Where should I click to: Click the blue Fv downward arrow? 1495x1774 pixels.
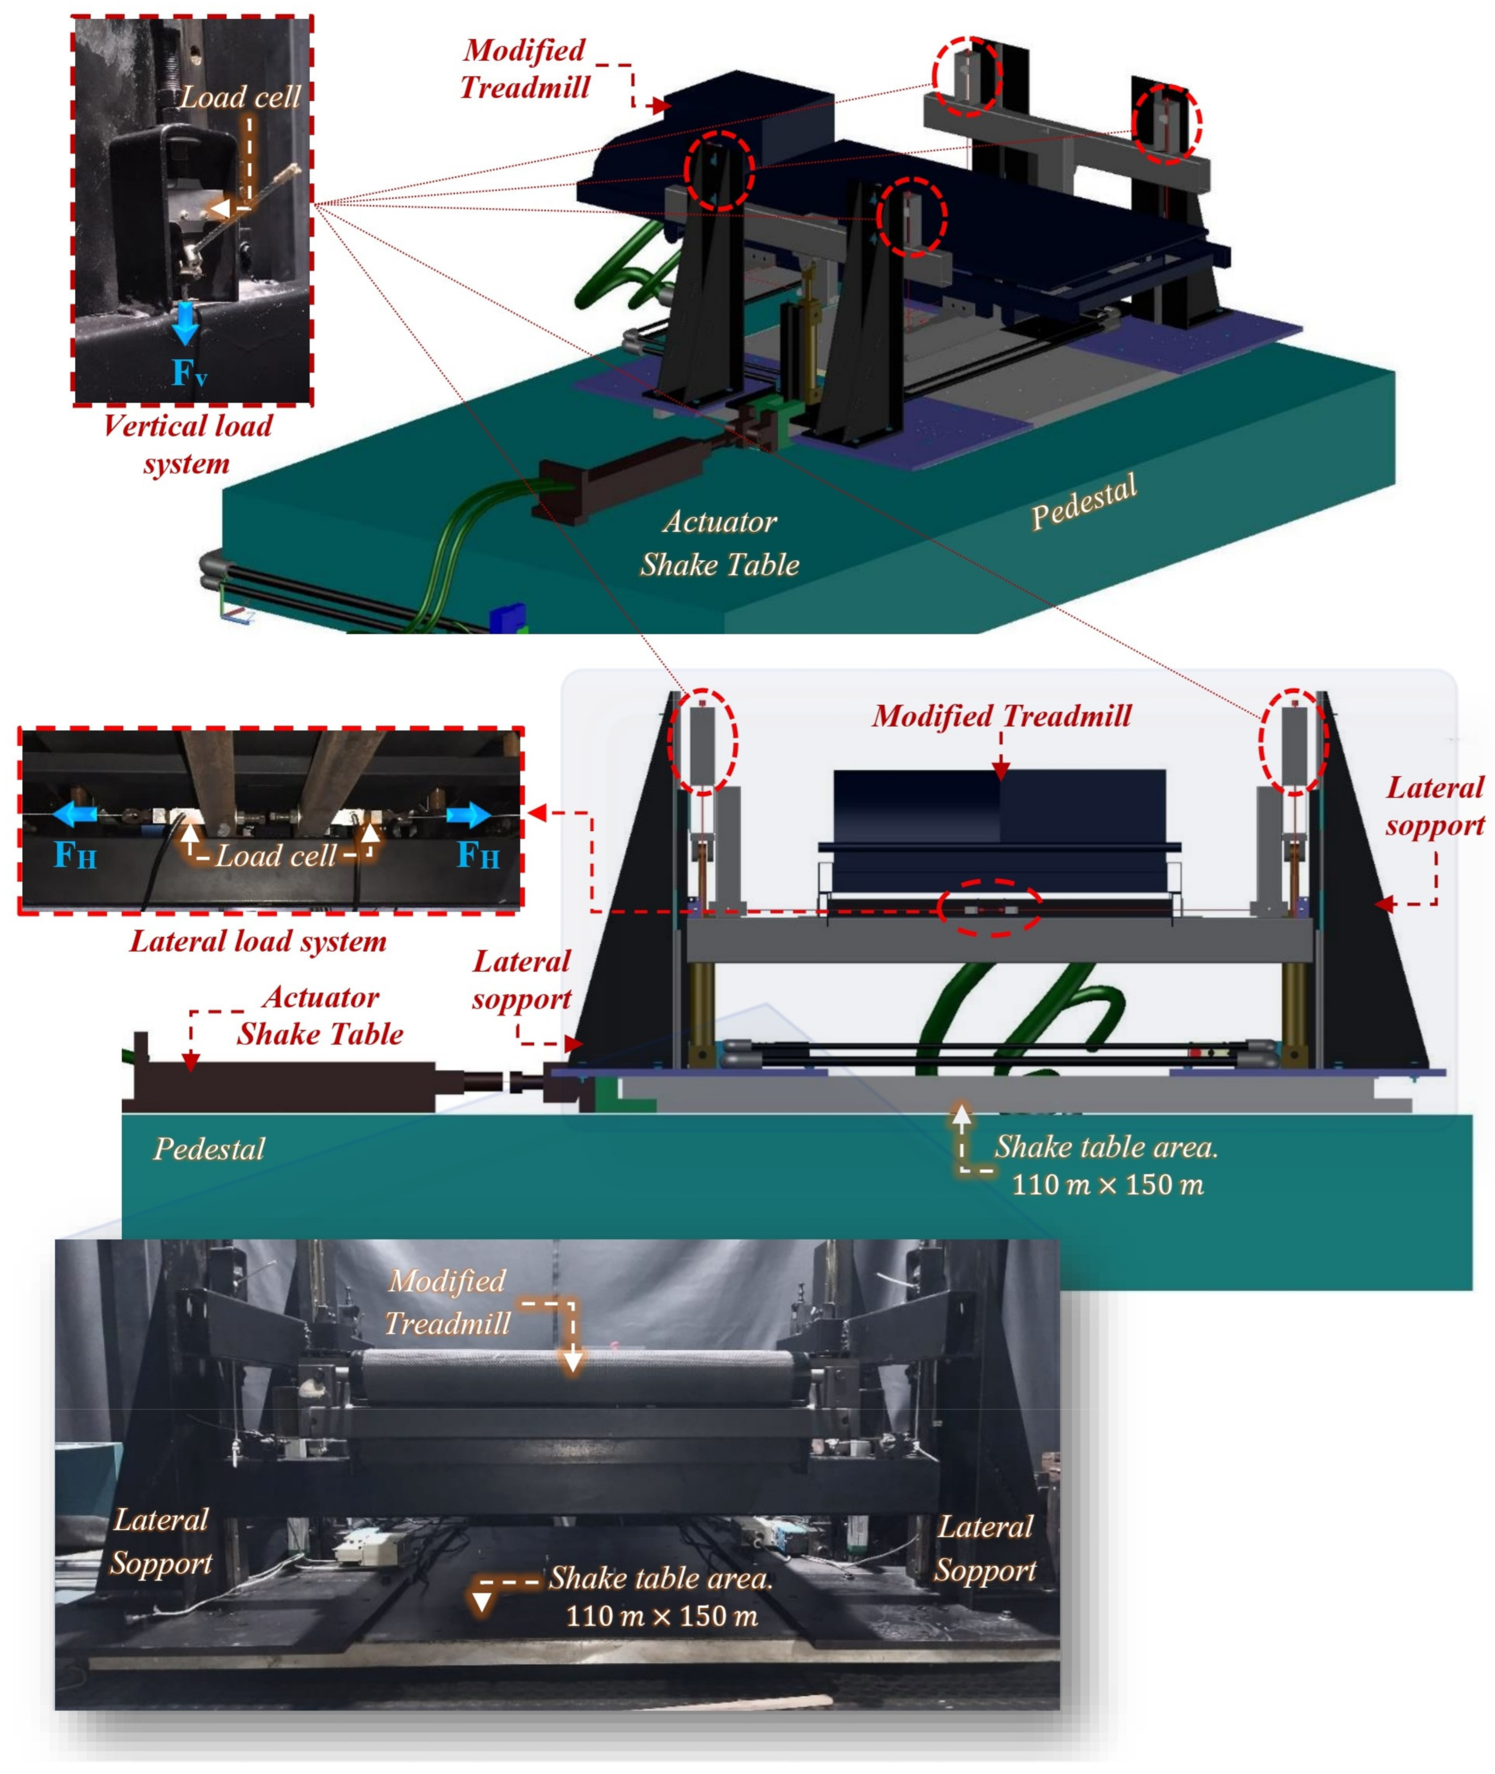[185, 324]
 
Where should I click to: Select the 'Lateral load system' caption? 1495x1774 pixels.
[257, 941]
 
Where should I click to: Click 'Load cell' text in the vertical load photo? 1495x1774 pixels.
[241, 97]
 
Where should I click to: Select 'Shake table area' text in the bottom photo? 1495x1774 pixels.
[661, 1577]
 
